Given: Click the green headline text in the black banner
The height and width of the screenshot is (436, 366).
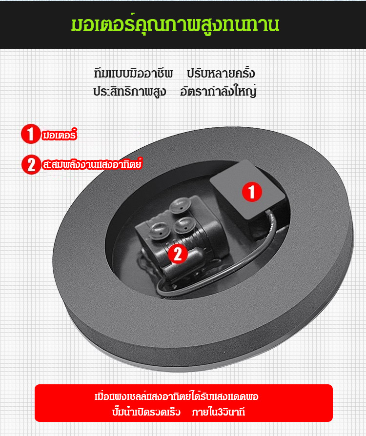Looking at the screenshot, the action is (x=175, y=24).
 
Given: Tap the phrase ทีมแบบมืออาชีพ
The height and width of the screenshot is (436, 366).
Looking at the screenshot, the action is (x=134, y=74).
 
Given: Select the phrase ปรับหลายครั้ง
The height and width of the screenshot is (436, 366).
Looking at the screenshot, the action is (x=221, y=73).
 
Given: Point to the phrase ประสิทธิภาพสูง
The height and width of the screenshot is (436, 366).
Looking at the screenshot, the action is (x=130, y=92).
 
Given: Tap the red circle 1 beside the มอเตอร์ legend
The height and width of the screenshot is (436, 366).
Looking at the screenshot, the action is (x=31, y=134).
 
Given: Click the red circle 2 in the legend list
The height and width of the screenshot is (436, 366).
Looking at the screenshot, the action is (x=31, y=164).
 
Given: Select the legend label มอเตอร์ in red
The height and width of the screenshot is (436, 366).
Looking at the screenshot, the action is (x=59, y=135).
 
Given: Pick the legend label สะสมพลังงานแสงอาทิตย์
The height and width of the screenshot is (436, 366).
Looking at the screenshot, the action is (x=92, y=164).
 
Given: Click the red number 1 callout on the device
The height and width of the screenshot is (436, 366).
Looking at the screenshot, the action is (x=252, y=192).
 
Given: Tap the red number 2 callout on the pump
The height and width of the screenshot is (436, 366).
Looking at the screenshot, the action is (x=178, y=253).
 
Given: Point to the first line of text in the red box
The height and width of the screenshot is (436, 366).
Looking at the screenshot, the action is (x=177, y=396).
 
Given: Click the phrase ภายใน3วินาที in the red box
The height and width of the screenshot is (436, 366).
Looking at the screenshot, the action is (x=219, y=412).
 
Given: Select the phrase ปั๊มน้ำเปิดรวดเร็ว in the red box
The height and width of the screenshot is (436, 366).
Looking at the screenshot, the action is (x=146, y=412).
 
